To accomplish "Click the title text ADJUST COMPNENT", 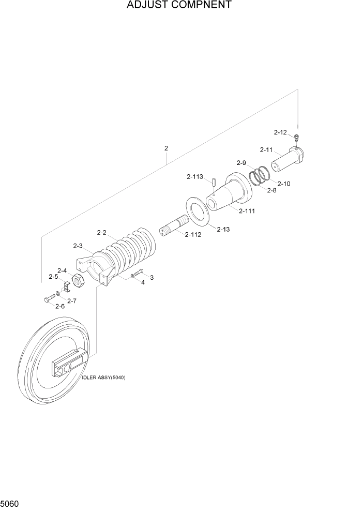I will pos(172,6).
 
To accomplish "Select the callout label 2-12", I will pos(280,132).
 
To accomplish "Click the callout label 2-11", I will pos(266,150).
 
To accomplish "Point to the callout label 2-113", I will pos(195,177).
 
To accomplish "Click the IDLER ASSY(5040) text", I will pos(103,378).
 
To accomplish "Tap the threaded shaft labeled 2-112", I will pos(174,228).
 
